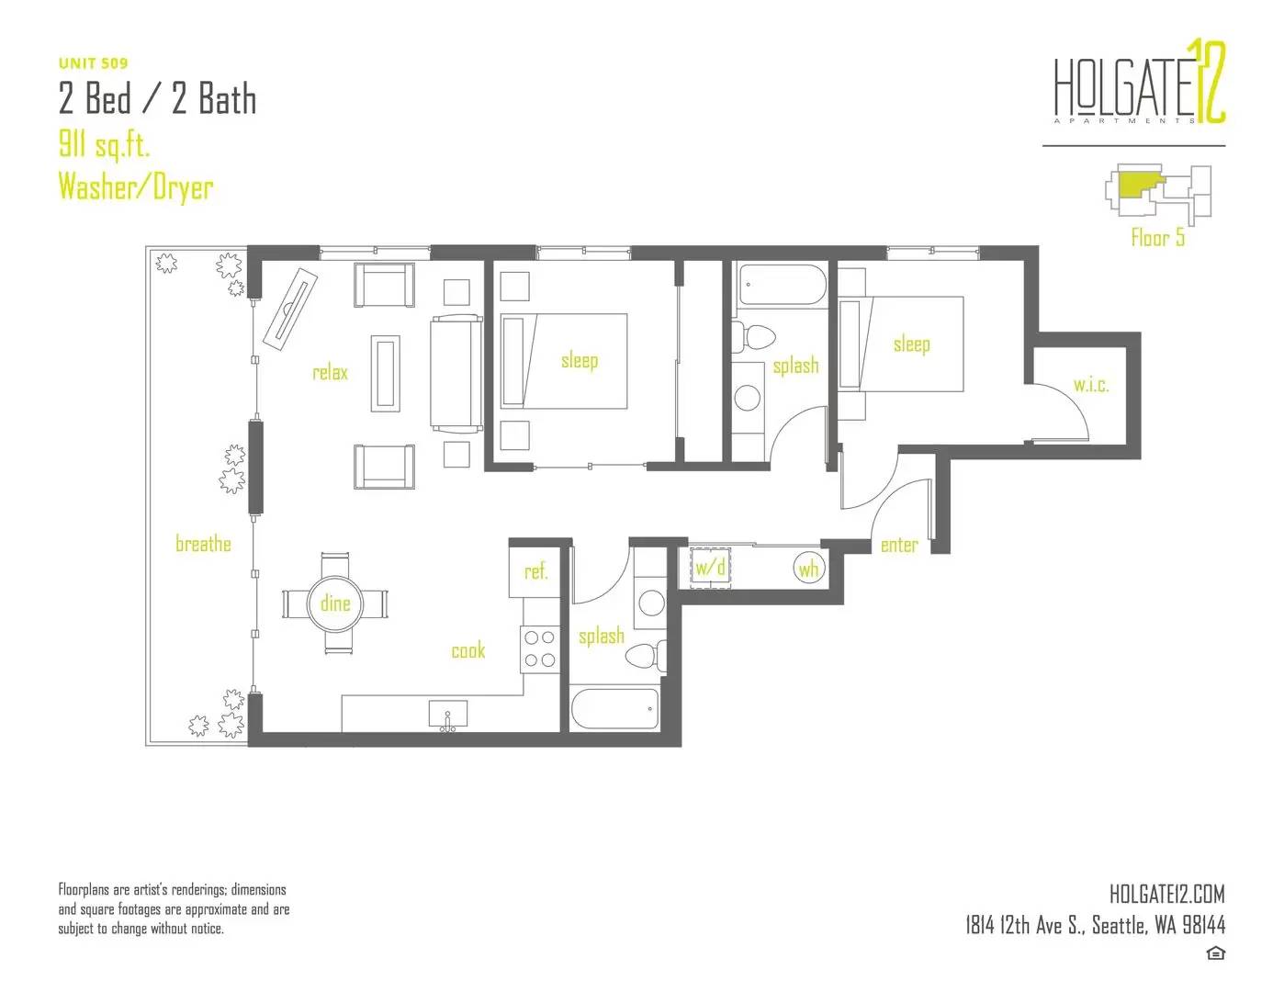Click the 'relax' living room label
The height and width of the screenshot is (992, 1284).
(330, 372)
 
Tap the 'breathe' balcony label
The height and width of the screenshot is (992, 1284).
(203, 543)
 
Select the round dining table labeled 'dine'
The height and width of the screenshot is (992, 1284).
(335, 603)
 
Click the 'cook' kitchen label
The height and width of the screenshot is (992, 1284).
(468, 650)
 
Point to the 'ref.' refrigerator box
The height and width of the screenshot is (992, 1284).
(534, 571)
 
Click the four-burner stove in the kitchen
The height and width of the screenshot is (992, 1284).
(539, 648)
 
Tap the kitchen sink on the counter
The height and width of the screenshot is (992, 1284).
(447, 715)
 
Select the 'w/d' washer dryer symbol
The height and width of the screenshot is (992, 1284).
(710, 568)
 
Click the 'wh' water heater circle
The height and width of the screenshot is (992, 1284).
(808, 569)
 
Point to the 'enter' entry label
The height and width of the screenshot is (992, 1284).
(899, 545)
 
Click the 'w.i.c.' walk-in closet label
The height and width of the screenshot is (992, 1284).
(1091, 385)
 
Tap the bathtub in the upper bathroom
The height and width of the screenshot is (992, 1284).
(783, 284)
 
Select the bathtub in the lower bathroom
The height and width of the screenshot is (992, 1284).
(614, 709)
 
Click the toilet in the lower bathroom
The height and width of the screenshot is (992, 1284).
(646, 657)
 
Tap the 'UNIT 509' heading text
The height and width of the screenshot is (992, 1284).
(94, 63)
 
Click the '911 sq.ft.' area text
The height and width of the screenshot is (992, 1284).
(104, 144)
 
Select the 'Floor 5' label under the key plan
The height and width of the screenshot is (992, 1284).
(1157, 238)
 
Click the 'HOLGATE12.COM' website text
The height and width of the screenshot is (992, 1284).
(1166, 894)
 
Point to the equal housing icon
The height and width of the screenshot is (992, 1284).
(1215, 953)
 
